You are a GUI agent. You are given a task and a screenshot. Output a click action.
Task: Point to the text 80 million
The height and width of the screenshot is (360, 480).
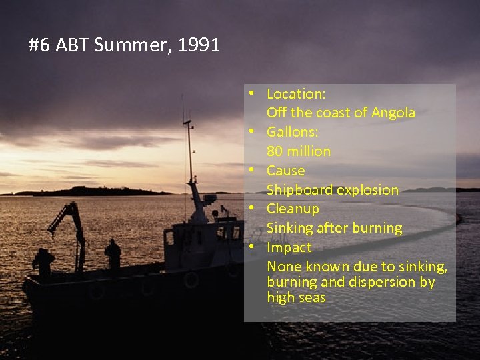coord(299,151)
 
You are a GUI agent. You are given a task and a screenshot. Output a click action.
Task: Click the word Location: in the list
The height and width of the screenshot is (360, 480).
coord(296,93)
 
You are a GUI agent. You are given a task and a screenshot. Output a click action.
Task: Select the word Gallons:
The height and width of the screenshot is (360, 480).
coord(293,132)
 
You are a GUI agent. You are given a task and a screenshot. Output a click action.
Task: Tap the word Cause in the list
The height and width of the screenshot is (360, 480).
coord(285,171)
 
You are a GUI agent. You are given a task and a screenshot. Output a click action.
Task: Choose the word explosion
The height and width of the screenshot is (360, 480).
coord(367,189)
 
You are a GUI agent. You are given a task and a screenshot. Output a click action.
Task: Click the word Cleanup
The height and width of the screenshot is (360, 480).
coord(293,209)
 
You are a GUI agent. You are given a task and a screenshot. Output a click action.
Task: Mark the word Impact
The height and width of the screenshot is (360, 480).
coord(289,247)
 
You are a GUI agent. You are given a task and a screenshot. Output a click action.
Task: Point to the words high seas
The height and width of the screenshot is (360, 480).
coord(296,297)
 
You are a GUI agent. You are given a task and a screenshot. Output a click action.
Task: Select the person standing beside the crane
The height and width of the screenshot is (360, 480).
coord(44,261)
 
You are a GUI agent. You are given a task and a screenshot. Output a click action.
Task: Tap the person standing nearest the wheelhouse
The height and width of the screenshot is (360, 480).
coord(113,253)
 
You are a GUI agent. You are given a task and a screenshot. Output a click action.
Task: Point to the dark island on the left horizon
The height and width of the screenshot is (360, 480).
coord(93,191)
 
